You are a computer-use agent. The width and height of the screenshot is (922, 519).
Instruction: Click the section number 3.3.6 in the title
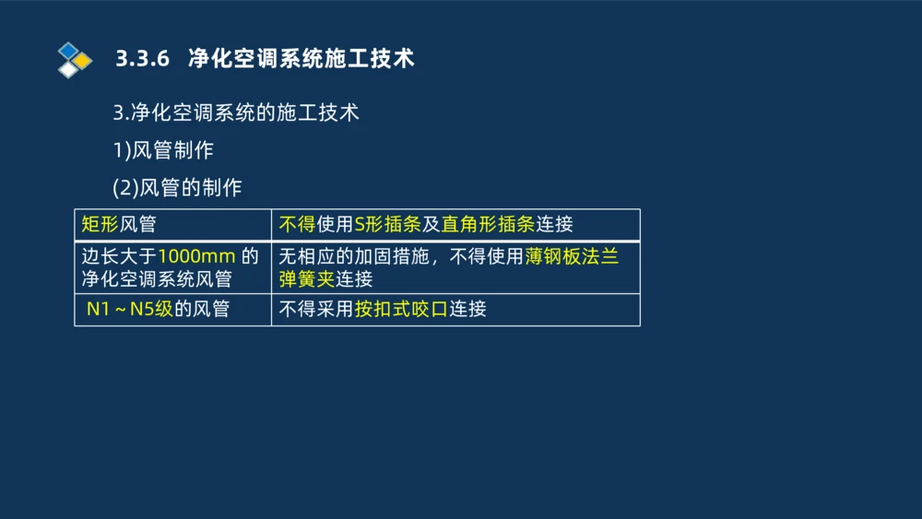point(143,59)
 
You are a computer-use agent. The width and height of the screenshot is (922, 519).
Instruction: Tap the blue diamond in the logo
point(68,50)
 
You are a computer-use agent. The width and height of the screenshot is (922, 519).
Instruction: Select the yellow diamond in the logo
point(83,61)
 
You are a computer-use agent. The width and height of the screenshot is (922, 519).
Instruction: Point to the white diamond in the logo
point(68,70)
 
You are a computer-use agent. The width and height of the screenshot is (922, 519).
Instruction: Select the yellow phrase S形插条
point(388,224)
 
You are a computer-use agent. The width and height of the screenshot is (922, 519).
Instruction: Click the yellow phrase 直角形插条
point(488,224)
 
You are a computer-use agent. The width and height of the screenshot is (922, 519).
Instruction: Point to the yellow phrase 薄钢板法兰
point(572,256)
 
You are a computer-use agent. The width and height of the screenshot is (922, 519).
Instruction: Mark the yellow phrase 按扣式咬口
point(401,310)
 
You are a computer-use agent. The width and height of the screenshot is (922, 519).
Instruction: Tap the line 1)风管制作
point(163,150)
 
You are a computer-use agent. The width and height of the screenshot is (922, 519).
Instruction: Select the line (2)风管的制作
point(177,188)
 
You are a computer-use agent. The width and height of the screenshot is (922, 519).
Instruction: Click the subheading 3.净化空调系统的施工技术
point(235,113)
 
